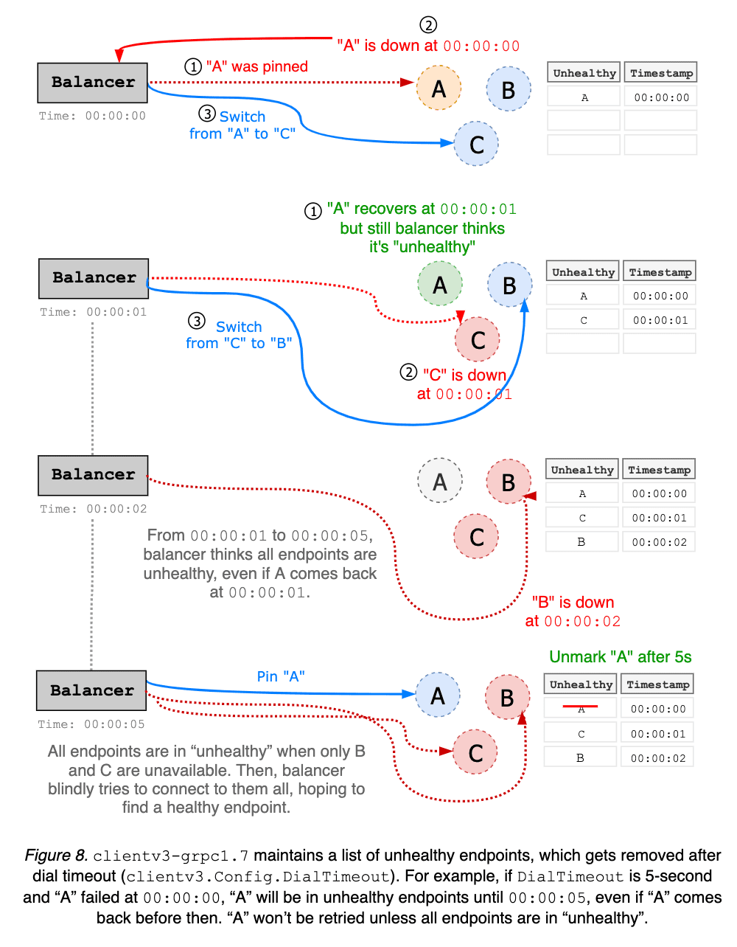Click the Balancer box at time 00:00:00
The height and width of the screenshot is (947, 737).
pos(93,83)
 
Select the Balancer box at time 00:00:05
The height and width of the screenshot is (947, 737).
pos(91,690)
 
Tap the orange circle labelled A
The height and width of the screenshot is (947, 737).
pos(439,89)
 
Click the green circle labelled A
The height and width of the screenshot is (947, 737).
pos(440,284)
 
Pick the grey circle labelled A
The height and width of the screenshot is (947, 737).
pos(440,481)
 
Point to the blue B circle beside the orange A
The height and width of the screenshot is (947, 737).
pos(509,89)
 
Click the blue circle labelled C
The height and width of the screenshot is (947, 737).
pos(476,144)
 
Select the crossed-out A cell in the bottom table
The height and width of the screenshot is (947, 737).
pos(581,709)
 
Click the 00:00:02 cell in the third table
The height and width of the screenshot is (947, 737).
pos(659,542)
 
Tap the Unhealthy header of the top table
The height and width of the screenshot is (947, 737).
pos(584,73)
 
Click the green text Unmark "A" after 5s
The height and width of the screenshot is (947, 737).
pos(621,657)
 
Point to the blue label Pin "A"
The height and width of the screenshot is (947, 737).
pos(281,676)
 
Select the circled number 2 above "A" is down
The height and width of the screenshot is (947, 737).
pos(428,25)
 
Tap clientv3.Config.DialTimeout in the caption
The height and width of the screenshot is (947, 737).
pos(258,877)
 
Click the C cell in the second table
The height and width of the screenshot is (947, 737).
pos(583,320)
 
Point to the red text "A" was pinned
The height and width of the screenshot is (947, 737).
pos(256,66)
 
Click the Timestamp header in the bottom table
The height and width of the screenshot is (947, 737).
pos(657,684)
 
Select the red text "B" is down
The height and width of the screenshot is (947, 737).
pos(573,603)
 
